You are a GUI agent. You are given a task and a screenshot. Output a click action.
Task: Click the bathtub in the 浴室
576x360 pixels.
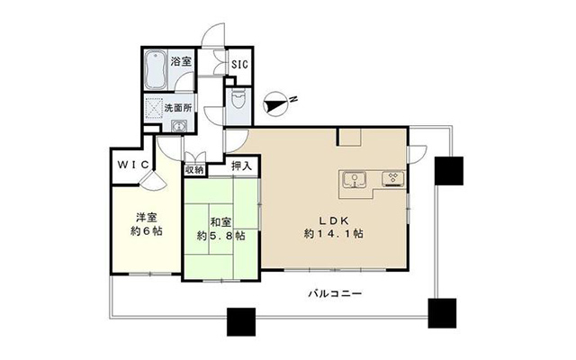(x=156, y=70)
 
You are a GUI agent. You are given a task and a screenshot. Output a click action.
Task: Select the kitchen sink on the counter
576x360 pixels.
(x=355, y=180)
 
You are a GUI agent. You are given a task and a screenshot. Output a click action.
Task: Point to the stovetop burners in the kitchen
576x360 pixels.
(x=393, y=178)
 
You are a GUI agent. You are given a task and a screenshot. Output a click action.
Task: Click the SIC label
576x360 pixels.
(x=240, y=64)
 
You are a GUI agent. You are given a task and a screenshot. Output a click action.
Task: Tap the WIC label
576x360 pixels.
(x=133, y=165)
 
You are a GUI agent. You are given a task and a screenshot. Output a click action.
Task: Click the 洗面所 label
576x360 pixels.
(x=178, y=108)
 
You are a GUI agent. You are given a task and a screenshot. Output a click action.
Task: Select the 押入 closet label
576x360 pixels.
(x=242, y=166)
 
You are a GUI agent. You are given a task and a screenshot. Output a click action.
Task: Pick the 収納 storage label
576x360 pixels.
(x=194, y=170)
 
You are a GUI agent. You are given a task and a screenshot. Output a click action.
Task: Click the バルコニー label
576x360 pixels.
(x=335, y=293)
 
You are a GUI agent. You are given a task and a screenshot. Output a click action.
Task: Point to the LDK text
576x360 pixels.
(x=334, y=220)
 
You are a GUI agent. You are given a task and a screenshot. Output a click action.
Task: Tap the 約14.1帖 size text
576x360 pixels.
(x=334, y=234)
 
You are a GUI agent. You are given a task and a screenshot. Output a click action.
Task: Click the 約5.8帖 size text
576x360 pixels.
(x=220, y=236)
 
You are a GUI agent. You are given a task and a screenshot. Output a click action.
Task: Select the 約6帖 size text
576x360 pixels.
(x=147, y=231)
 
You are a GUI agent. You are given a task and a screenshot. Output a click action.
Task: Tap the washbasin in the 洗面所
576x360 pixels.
(x=179, y=126)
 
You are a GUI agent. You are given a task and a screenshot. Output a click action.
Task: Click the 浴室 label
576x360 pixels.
(x=181, y=61)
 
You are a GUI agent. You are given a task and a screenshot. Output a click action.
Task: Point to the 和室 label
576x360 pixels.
(x=220, y=222)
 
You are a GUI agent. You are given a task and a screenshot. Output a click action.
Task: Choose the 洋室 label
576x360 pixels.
(x=147, y=218)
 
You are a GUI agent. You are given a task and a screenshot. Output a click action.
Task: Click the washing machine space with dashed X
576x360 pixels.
(x=154, y=109)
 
